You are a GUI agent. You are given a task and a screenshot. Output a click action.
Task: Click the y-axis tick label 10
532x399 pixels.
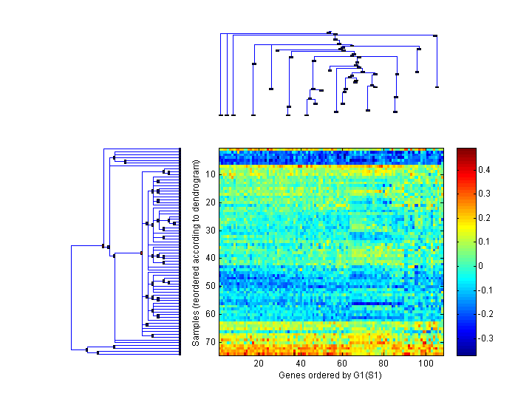coord(211,174)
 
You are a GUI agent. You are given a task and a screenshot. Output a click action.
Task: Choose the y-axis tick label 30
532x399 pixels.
coord(211,230)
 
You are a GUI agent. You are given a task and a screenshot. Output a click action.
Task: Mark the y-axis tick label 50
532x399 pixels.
coord(211,286)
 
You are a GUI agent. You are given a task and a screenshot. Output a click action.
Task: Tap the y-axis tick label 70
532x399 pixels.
coord(211,341)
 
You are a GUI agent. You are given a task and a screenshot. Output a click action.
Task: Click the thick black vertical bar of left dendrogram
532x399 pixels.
coord(180,252)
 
